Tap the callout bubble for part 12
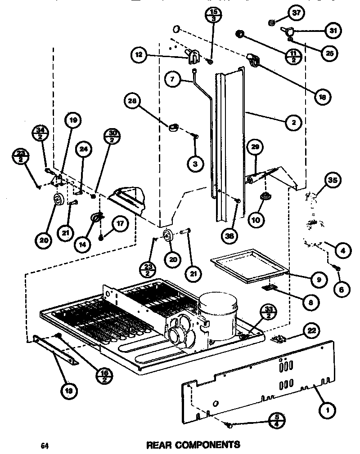click(139, 55)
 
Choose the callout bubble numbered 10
click(257, 220)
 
